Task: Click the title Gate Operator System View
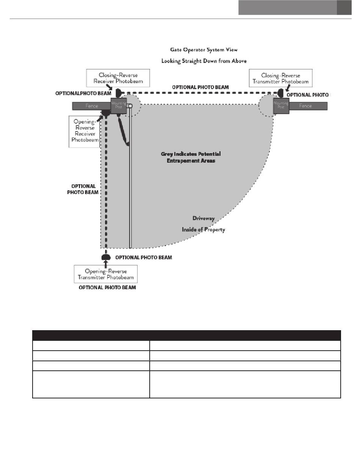pyautogui.click(x=203, y=50)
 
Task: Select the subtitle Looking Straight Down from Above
pyautogui.click(x=204, y=61)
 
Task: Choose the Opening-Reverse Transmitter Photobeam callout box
pyautogui.click(x=106, y=274)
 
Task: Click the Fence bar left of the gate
pyautogui.click(x=91, y=106)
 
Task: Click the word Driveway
pyautogui.click(x=203, y=218)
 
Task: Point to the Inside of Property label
pyautogui.click(x=203, y=230)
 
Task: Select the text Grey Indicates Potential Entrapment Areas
pyautogui.click(x=194, y=157)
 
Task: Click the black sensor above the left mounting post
pyautogui.click(x=118, y=92)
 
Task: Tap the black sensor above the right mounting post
pyautogui.click(x=282, y=92)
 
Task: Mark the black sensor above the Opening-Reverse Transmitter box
pyautogui.click(x=106, y=257)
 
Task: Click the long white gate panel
pyautogui.click(x=130, y=190)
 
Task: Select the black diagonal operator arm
pyautogui.click(x=123, y=131)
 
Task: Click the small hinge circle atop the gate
pyautogui.click(x=130, y=106)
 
